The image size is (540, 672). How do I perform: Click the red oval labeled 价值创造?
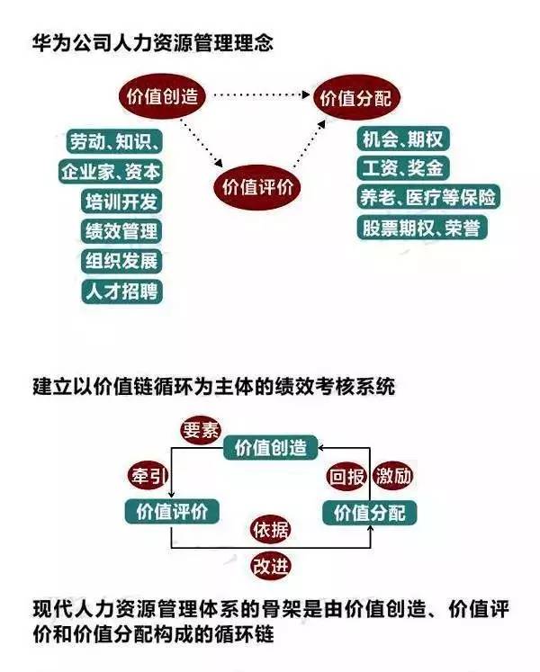162,96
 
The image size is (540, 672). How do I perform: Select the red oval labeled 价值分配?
356,98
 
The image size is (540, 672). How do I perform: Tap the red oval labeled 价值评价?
256,187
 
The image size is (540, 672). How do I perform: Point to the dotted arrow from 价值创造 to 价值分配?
261,94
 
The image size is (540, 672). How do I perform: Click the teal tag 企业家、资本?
111,172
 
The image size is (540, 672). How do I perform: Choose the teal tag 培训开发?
121,202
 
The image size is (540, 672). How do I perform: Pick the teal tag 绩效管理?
121,231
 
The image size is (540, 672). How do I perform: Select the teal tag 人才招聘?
121,291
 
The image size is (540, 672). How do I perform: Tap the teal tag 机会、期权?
403,139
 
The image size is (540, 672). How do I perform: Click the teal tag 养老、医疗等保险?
428,197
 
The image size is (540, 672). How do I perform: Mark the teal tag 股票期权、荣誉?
422,228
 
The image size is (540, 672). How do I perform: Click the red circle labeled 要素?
201,430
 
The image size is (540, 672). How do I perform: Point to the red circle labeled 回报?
346,476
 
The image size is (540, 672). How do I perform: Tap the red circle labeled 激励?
393,476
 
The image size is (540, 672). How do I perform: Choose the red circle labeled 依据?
270,530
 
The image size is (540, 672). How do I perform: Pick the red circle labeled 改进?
270,566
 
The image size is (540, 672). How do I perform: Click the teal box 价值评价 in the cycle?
172,511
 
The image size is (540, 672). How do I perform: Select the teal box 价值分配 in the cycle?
369,513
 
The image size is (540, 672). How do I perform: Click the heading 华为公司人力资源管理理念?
153,43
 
